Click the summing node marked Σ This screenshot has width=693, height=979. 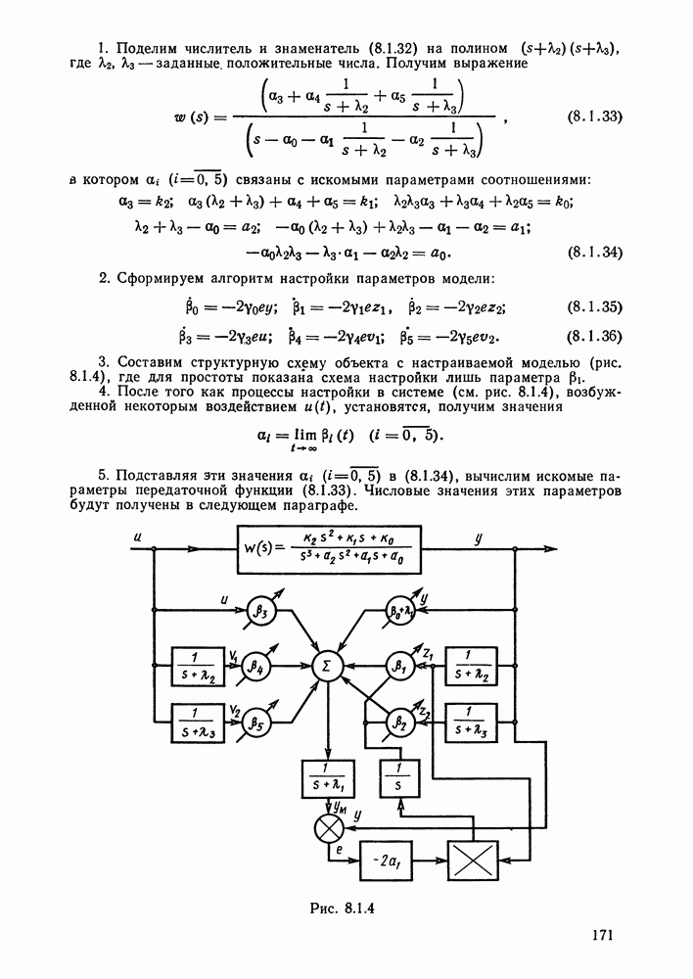coord(325,667)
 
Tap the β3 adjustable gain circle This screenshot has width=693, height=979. coord(263,610)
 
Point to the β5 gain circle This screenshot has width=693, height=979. coord(255,725)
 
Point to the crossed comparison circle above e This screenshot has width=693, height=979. coord(325,830)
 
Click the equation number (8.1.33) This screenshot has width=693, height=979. coord(595,118)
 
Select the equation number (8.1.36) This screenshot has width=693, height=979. coord(595,338)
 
